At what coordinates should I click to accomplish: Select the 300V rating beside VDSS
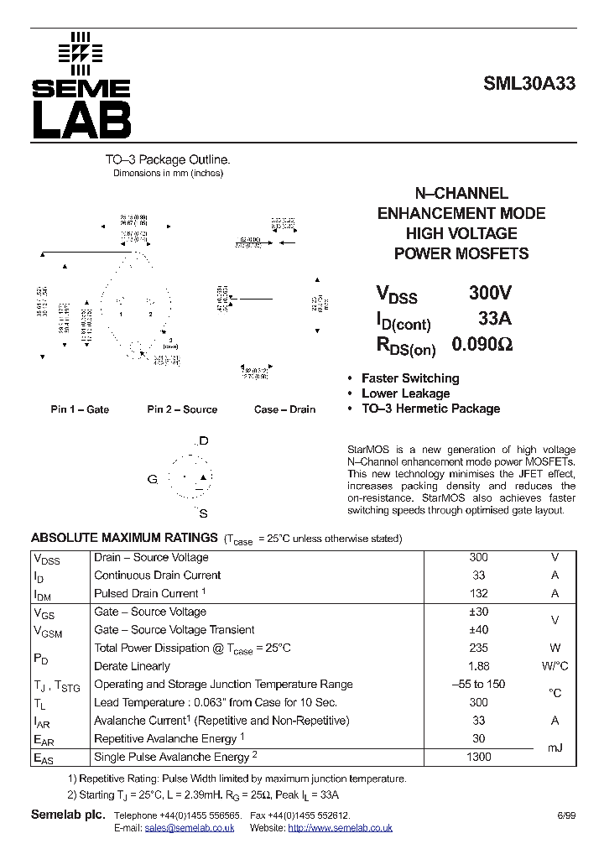click(490, 293)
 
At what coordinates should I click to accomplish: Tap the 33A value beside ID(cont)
click(494, 319)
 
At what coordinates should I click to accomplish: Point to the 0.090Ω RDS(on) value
click(482, 344)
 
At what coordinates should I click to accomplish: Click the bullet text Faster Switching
click(410, 378)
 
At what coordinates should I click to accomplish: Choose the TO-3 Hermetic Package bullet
click(430, 409)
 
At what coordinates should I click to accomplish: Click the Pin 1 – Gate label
click(80, 409)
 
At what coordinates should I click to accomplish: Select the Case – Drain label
click(284, 409)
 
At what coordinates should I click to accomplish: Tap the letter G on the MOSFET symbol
click(153, 479)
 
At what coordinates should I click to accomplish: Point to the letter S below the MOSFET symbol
click(204, 513)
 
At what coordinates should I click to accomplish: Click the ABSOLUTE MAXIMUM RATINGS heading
click(124, 538)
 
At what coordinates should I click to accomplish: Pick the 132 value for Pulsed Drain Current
click(478, 593)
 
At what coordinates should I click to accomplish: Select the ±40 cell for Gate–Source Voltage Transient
click(478, 630)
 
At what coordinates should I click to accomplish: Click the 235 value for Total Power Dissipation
click(478, 648)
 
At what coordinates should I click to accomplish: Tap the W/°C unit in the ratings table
click(555, 666)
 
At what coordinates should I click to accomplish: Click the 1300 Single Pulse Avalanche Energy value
click(478, 757)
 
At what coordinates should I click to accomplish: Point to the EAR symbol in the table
click(44, 740)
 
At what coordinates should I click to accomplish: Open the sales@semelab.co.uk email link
click(189, 828)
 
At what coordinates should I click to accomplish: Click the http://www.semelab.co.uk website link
click(340, 828)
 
